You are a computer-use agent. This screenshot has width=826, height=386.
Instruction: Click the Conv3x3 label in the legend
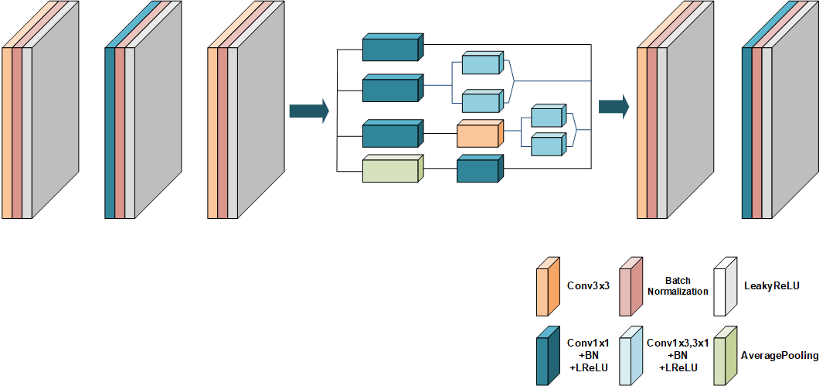[x=588, y=286]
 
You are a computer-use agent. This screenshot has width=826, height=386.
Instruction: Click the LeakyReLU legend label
[x=771, y=286]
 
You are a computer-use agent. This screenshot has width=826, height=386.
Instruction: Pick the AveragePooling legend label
[x=780, y=355]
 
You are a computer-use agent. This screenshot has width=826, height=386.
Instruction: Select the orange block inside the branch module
[x=479, y=135]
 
